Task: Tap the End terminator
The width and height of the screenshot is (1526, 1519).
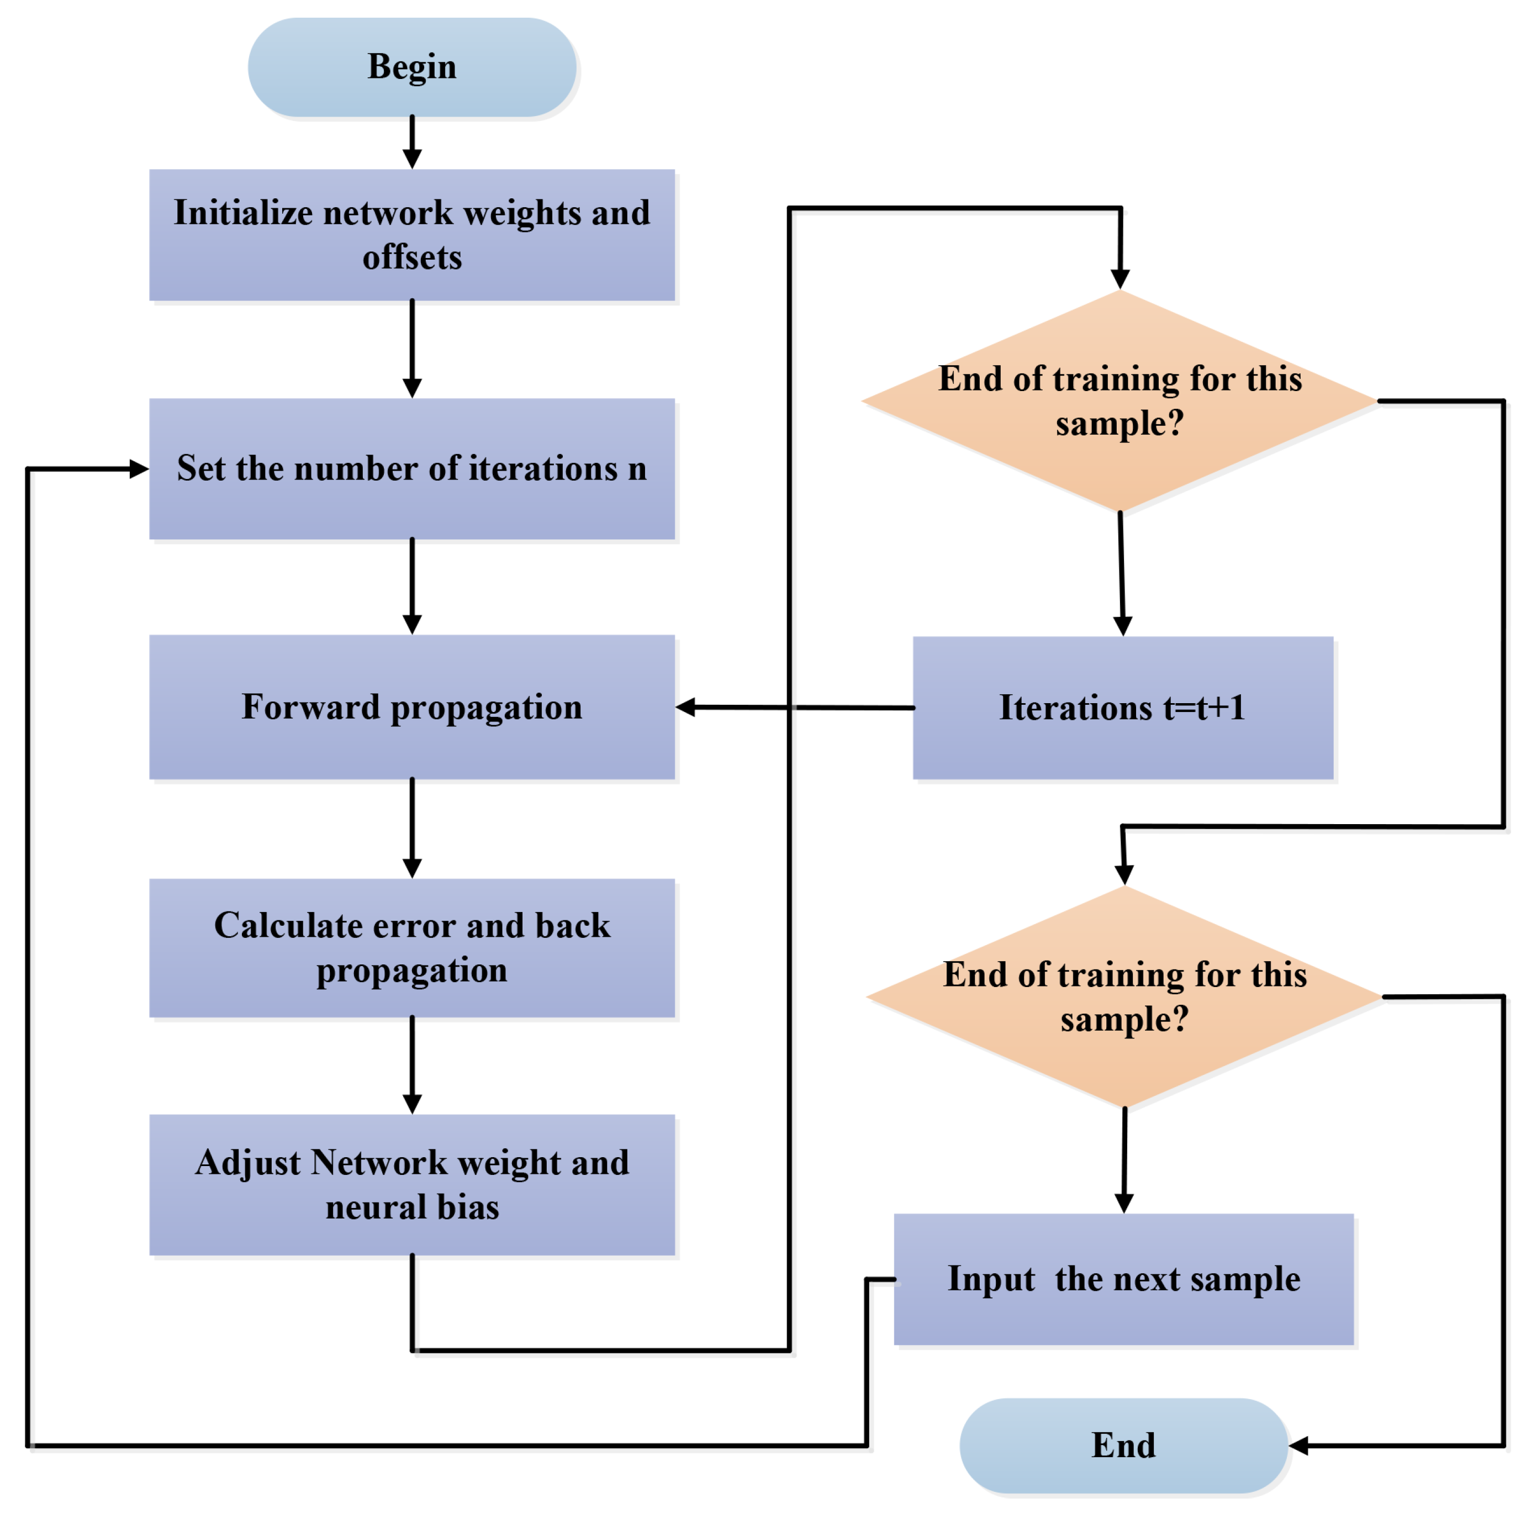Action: [x=1123, y=1445]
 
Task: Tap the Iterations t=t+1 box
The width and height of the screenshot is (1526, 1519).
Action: [x=1122, y=708]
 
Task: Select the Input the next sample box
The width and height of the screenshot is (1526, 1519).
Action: [x=1123, y=1278]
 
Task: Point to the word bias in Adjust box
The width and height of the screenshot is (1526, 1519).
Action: [x=468, y=1207]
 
